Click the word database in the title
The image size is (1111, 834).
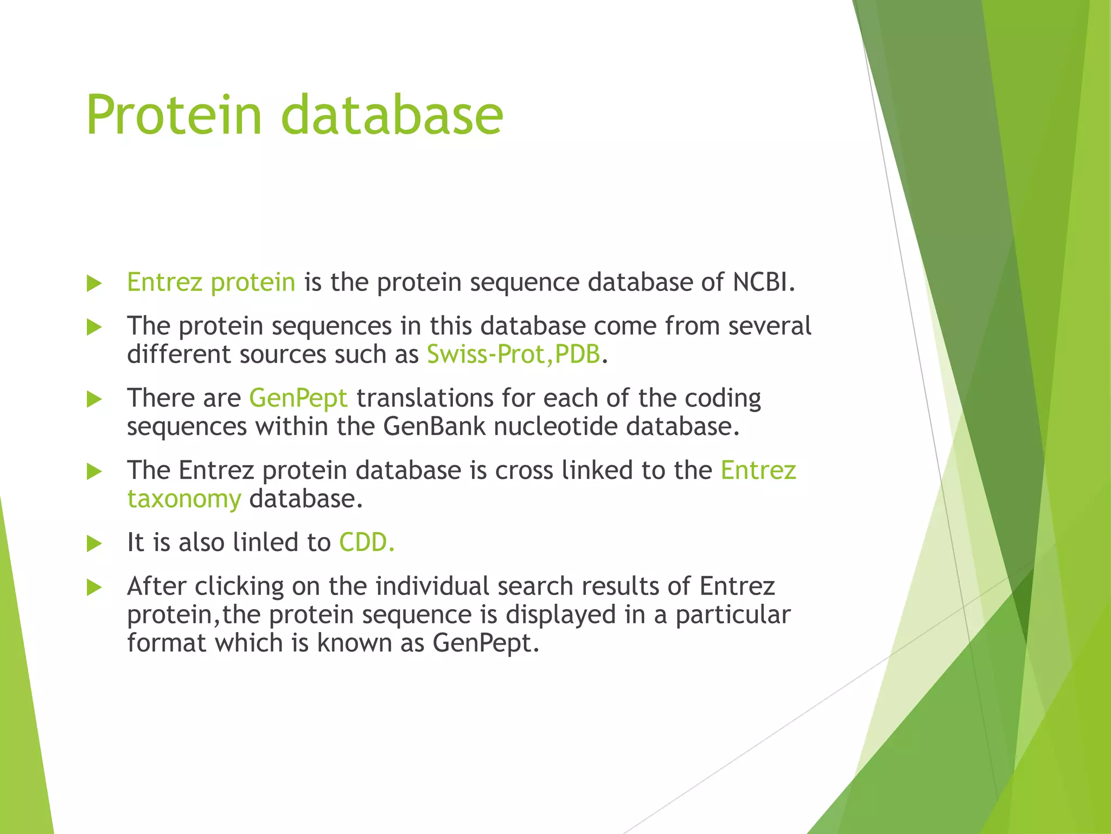point(392,115)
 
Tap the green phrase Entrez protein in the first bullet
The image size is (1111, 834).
point(210,282)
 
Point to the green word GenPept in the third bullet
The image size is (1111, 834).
point(298,399)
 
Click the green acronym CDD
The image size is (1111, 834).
point(366,542)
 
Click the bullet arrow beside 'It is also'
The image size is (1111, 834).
point(94,544)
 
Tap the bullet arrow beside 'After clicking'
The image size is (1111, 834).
point(94,587)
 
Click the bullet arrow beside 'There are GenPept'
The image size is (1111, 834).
point(94,400)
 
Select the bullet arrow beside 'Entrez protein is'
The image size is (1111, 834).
point(94,283)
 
